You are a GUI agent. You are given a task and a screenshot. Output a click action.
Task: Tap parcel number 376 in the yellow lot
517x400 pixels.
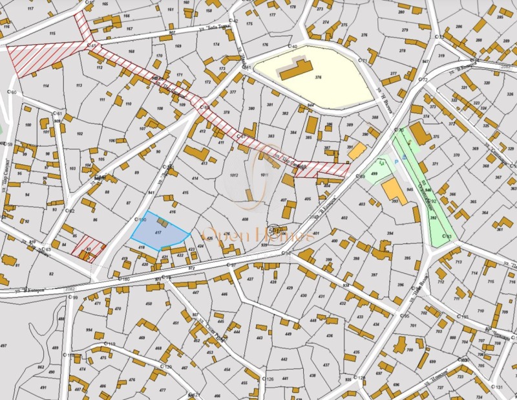317,77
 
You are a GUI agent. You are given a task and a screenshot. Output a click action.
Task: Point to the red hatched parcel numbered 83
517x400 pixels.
89,249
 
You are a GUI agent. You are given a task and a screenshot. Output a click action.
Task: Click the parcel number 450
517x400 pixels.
148,304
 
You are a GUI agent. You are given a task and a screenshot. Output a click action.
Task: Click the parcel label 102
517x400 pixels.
79,134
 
